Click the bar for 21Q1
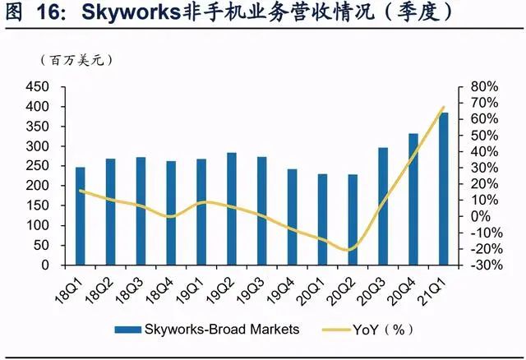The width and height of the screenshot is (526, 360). [444, 189]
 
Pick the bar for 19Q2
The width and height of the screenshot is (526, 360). [232, 209]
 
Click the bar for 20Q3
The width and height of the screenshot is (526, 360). [383, 206]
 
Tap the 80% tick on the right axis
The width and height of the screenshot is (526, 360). [484, 87]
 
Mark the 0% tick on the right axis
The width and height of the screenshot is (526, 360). [480, 216]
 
